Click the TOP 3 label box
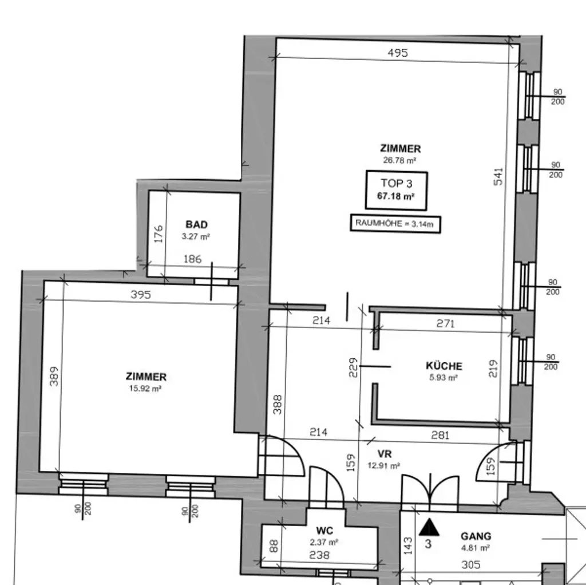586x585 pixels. coord(396,190)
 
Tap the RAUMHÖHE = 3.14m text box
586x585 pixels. coord(396,223)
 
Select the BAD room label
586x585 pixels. coord(196,224)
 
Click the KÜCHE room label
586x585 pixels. coord(444,366)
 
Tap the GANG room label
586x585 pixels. coord(476,536)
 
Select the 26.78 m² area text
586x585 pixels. coord(399,160)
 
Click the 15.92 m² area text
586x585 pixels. coord(146,388)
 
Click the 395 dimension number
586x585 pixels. coord(140,295)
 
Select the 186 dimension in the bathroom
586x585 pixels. coord(192,259)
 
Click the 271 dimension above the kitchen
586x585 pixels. coord(445,323)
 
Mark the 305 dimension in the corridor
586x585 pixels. coord(470,564)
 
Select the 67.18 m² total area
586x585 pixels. coord(396,196)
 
